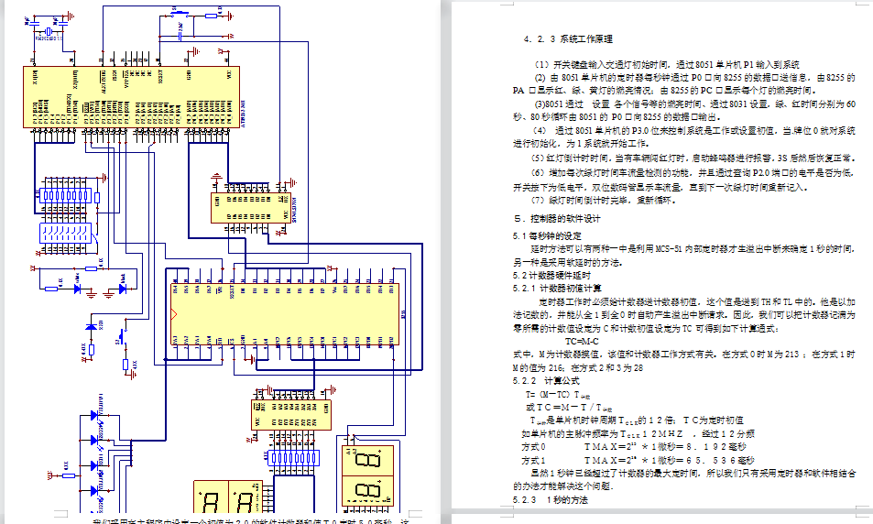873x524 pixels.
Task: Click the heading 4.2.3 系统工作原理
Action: point(567,40)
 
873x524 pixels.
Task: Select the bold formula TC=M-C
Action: point(581,340)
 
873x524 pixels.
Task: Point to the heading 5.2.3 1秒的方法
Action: point(550,500)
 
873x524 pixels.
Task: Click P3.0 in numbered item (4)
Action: point(622,130)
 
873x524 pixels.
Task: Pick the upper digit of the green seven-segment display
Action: point(366,460)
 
